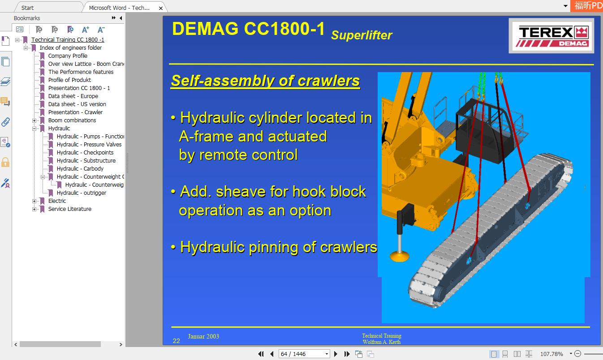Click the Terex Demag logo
coord(551,36)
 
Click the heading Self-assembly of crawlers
coord(265,81)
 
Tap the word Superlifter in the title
coord(362,35)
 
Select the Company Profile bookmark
coord(68,56)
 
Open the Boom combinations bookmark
coord(72,120)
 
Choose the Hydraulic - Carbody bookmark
coord(80,169)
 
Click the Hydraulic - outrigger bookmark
coord(81,193)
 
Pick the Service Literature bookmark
coord(69,209)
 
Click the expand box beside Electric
coord(34,201)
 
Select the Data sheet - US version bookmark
coord(77,104)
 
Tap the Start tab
coord(27,8)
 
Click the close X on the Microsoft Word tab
coord(161,8)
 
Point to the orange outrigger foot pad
coord(399,256)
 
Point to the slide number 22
coord(177,341)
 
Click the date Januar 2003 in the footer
coord(203,336)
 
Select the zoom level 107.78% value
coord(551,354)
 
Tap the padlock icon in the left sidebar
coord(5,162)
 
